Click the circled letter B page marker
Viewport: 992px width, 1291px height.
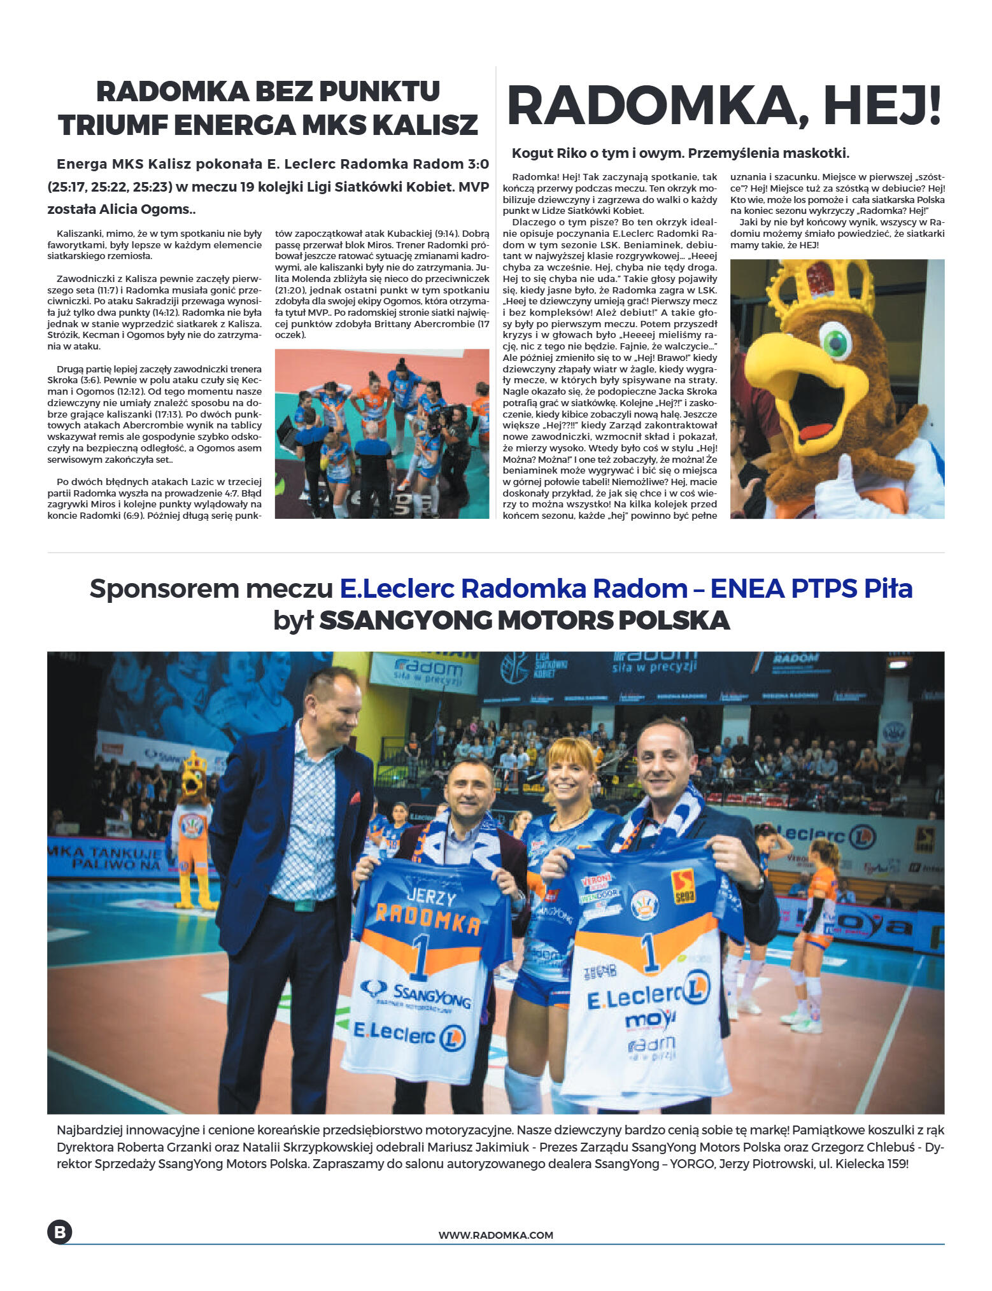[x=59, y=1232]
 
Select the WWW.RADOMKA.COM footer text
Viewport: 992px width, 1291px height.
[x=495, y=1235]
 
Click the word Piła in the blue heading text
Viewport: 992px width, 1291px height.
[x=888, y=589]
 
